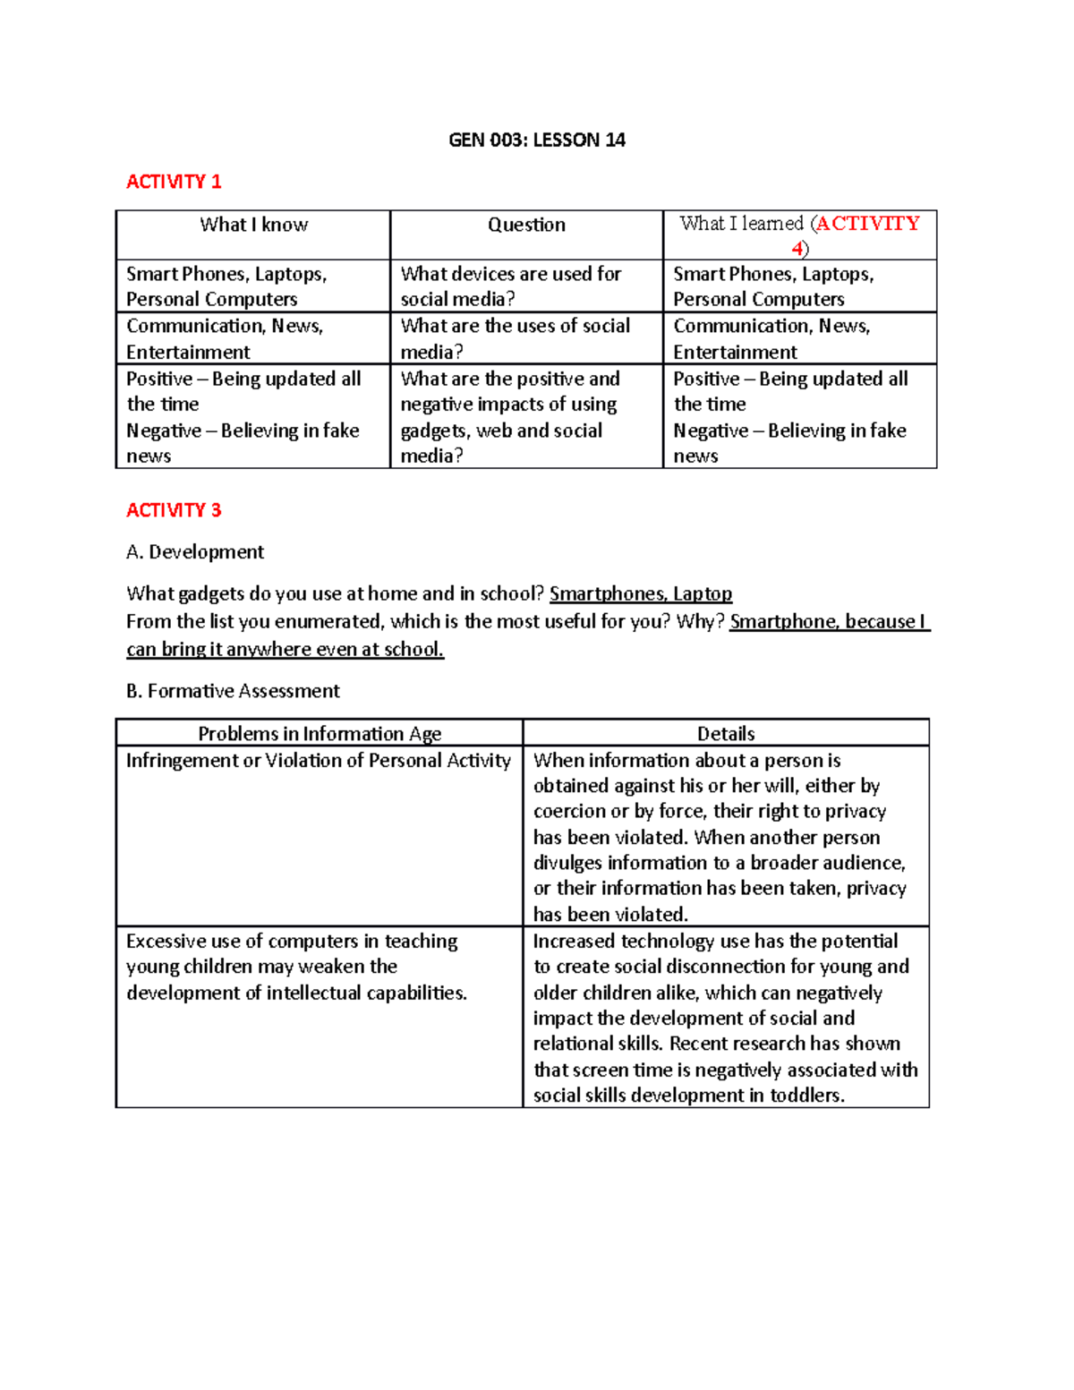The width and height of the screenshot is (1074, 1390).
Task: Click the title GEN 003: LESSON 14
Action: pos(536,140)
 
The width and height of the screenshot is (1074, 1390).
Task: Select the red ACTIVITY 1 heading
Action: pos(174,182)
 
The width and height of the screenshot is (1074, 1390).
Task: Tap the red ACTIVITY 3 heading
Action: pos(174,510)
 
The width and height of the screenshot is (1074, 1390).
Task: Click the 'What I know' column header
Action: pos(253,225)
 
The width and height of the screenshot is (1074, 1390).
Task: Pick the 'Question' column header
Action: pos(526,225)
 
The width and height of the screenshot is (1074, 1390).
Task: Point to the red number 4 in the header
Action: pos(797,249)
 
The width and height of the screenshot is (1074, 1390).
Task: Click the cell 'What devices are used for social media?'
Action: pos(510,286)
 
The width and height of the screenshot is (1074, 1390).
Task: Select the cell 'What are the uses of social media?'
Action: pos(515,338)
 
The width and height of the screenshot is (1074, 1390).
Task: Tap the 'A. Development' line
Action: pos(195,552)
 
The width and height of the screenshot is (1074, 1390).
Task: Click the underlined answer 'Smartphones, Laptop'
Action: pos(641,593)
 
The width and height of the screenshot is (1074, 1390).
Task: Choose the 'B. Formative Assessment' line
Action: pos(233,691)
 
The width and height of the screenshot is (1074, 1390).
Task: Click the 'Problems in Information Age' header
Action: pos(320,734)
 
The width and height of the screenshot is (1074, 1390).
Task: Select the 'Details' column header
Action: pos(726,734)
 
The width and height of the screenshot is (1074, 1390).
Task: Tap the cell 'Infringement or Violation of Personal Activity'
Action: pos(318,761)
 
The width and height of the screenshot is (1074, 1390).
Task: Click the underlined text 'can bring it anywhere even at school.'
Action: pos(285,649)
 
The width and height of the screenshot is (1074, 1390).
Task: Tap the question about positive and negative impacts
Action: pos(510,417)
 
